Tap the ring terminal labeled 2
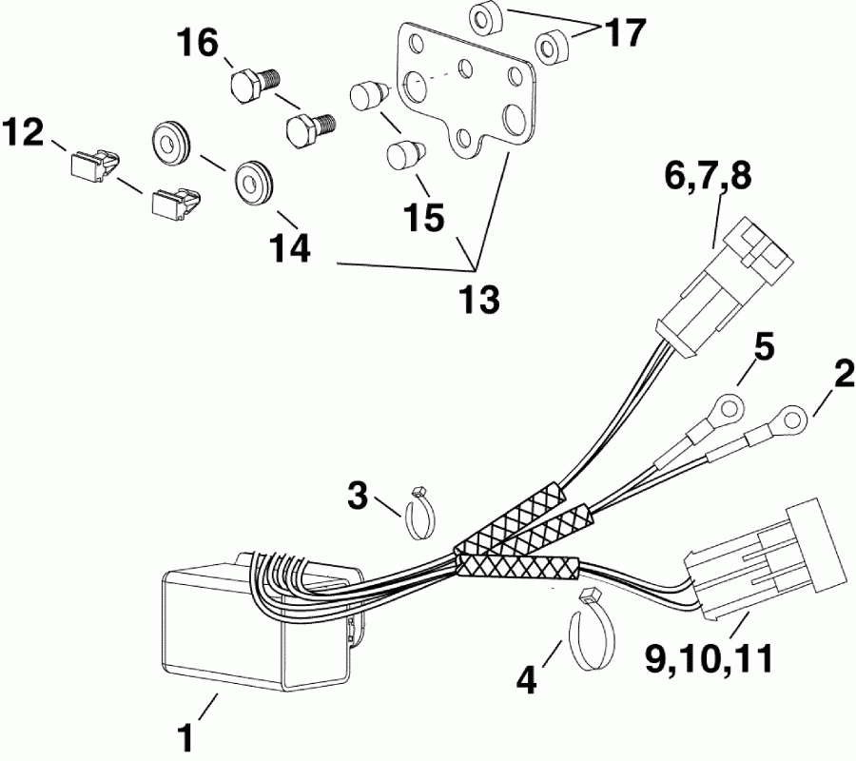click(789, 416)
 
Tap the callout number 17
click(625, 33)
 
